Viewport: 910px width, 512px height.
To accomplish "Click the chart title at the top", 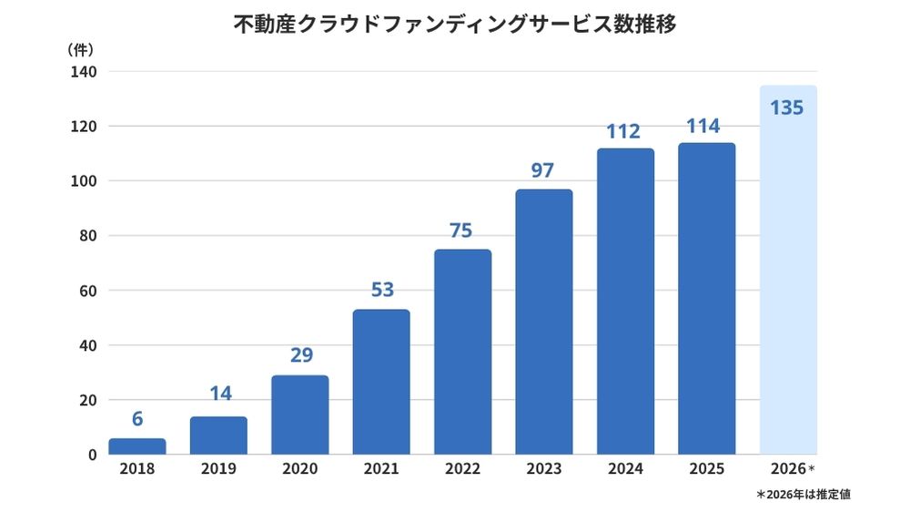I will point(455,25).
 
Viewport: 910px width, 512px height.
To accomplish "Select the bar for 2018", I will point(137,447).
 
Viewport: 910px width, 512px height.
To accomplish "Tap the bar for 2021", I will point(381,383).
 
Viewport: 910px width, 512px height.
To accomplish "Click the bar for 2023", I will point(543,323).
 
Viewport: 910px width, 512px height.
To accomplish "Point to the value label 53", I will point(381,291).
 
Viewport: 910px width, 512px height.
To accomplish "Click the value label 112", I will point(625,131).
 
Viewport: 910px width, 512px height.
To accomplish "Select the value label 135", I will point(787,108).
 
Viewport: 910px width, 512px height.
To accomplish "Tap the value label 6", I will point(137,419).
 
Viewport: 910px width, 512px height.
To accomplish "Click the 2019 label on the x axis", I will point(218,469).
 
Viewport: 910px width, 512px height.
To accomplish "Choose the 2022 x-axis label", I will point(462,469).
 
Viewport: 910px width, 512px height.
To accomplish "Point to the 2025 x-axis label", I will point(706,469).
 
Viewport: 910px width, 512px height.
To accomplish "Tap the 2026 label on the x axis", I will point(789,469).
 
